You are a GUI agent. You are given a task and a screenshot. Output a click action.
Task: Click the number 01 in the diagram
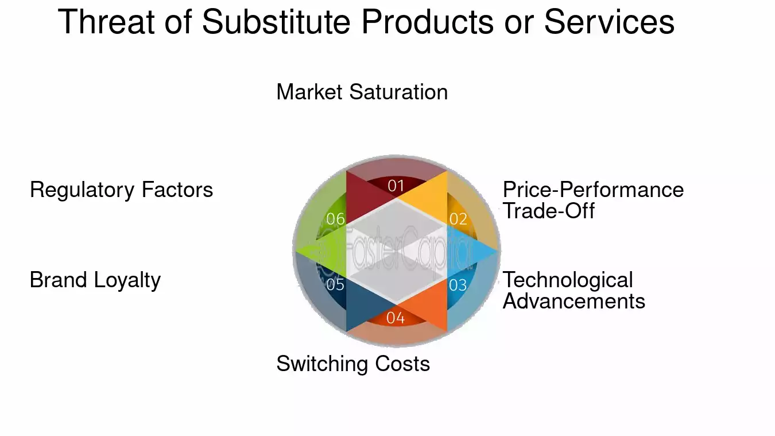pos(396,186)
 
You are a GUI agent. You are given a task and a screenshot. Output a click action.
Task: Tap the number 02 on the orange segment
pos(458,219)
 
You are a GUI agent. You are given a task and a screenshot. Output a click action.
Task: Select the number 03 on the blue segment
pos(458,284)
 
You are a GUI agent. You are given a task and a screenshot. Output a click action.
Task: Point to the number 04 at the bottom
pos(396,318)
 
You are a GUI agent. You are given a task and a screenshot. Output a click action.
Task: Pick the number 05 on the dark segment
pos(335,284)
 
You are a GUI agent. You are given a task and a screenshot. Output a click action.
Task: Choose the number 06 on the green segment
pos(335,219)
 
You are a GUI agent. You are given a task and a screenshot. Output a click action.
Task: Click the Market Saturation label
pos(362,92)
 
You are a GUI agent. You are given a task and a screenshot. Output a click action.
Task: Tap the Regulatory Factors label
pos(121,190)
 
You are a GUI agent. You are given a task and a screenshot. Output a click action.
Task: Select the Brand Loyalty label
pos(95,280)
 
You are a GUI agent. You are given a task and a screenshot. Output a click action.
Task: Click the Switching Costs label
pos(353,364)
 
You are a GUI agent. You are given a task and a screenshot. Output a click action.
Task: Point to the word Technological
pos(567,280)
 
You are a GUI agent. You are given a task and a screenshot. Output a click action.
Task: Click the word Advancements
pos(573,301)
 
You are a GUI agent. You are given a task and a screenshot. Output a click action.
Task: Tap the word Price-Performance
pos(593,190)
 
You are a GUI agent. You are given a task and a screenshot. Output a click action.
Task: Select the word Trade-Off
pos(548,211)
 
